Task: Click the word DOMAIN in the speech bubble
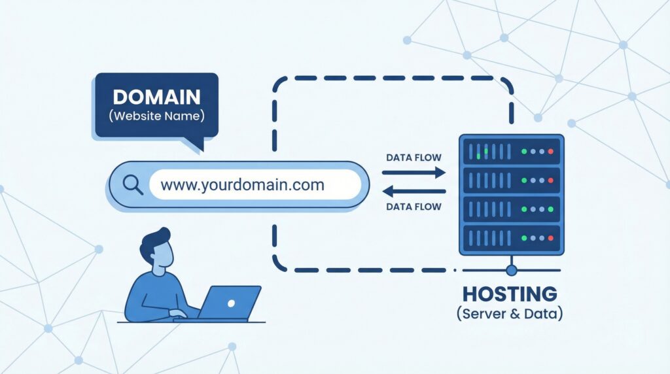click(156, 97)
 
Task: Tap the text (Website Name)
click(156, 118)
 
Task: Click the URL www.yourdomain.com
click(242, 185)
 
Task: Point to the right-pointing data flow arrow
click(414, 173)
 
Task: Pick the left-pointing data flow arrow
click(414, 192)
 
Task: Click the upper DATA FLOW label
click(414, 158)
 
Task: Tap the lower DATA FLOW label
click(414, 207)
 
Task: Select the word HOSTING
click(510, 293)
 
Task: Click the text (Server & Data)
click(510, 314)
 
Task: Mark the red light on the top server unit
click(550, 152)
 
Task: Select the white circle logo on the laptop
click(230, 303)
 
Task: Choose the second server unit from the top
click(511, 179)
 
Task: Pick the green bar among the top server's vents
click(486, 152)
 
